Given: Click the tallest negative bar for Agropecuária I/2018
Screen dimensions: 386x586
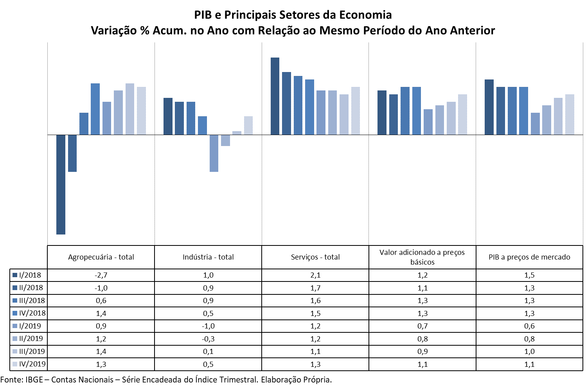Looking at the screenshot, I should [61, 184].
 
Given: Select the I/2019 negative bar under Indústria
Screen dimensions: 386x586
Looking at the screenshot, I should [214, 153].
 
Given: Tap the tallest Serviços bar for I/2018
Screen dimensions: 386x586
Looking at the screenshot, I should [275, 96].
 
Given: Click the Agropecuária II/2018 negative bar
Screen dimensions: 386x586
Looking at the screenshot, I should [72, 153].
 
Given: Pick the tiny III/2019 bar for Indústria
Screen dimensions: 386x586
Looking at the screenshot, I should [237, 133].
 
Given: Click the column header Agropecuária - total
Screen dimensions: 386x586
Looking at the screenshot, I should [101, 257].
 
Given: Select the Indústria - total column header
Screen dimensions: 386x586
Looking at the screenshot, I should [208, 257].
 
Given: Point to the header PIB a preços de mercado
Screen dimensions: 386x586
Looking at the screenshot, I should [529, 257].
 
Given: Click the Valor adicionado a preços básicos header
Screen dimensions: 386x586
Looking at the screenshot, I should [422, 257].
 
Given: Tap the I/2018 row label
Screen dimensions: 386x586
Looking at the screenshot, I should [30, 275].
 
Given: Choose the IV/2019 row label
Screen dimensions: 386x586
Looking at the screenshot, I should [32, 364].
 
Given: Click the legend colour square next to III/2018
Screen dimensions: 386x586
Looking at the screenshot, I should [15, 301].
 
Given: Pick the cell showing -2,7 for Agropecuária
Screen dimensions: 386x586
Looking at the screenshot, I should [101, 275].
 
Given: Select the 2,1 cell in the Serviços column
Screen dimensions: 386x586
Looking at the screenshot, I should [315, 275].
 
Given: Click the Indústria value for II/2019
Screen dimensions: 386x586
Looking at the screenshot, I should [208, 339].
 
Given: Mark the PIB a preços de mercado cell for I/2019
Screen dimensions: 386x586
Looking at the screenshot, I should [529, 326].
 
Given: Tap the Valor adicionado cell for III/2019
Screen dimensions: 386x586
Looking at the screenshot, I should [422, 352].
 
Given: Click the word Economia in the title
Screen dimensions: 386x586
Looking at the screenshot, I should [365, 15].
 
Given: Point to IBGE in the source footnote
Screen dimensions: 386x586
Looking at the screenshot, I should [34, 379].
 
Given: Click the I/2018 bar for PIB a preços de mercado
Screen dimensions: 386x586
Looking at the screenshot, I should [489, 107].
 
